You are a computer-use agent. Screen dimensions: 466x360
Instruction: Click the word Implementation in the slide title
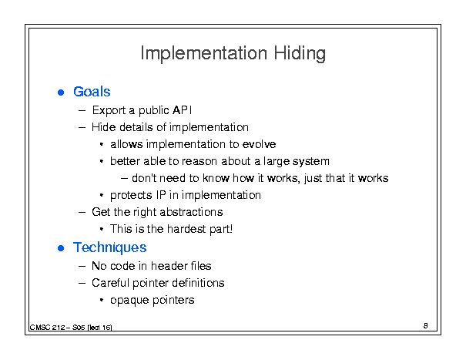tap(204, 53)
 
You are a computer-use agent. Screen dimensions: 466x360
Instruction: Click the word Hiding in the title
tap(300, 54)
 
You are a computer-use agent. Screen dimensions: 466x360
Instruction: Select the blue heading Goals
tap(92, 92)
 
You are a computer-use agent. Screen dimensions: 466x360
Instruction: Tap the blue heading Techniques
tap(110, 247)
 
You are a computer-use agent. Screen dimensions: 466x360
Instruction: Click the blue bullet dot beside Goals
tap(61, 93)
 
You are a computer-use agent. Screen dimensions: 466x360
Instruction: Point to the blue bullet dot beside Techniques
tap(61, 248)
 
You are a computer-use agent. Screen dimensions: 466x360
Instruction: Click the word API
tap(183, 110)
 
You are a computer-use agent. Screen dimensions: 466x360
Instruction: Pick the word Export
tap(109, 110)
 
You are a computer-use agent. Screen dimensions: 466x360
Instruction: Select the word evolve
tap(259, 144)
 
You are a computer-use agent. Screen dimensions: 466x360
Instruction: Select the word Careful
tap(111, 283)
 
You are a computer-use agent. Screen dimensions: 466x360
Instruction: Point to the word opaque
tap(129, 301)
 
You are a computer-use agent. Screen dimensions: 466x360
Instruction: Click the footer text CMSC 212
tap(47, 328)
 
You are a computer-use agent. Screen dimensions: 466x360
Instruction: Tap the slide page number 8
tap(426, 326)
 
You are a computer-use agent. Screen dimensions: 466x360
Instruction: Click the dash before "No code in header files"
tap(82, 266)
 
